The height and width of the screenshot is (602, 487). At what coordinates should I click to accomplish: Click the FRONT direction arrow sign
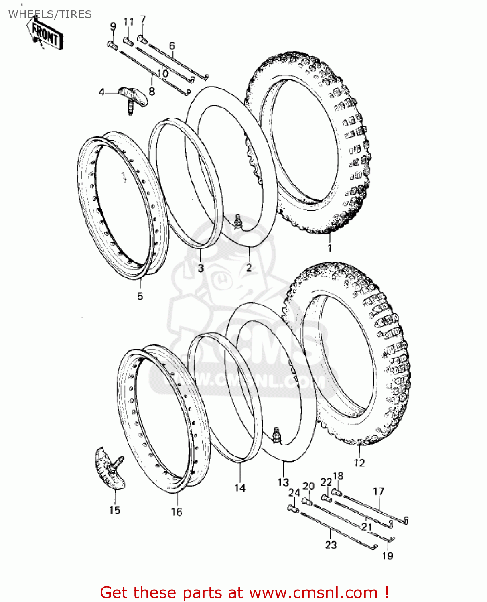click(45, 35)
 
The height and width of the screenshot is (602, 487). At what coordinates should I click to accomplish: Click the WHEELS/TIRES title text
click(50, 14)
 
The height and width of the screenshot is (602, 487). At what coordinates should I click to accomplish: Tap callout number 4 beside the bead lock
click(102, 92)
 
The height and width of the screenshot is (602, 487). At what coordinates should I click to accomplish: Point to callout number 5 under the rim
click(140, 296)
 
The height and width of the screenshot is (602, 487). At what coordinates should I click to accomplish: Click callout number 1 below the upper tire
click(329, 248)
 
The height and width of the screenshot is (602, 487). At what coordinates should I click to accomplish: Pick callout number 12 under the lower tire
click(359, 463)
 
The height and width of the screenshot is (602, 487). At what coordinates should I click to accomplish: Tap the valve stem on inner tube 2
click(238, 221)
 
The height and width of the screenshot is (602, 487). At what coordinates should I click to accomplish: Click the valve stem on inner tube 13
click(276, 435)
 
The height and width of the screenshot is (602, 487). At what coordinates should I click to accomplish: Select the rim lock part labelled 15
click(110, 470)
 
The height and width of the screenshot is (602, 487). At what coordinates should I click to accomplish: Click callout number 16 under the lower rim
click(177, 512)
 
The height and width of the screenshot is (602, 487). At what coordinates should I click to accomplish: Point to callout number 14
click(240, 488)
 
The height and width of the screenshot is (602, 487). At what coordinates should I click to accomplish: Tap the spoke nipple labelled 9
click(112, 45)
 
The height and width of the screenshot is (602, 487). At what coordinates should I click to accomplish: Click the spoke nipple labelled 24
click(292, 508)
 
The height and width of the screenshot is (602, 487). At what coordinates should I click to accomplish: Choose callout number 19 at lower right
click(388, 556)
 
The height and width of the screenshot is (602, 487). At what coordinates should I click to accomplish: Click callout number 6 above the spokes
click(172, 46)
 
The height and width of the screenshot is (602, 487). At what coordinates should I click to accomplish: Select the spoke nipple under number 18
click(337, 492)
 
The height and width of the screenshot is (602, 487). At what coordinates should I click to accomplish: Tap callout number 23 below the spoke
click(331, 545)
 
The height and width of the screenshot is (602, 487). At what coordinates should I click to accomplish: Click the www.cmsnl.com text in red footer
click(313, 592)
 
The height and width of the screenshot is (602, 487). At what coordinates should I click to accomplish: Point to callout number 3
click(201, 268)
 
